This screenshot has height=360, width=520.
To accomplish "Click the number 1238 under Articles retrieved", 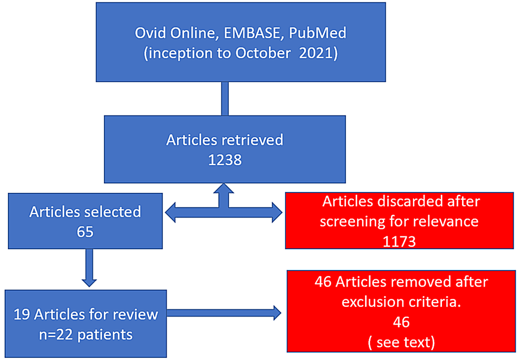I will coord(225,160).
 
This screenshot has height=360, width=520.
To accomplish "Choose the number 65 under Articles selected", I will coord(85,231).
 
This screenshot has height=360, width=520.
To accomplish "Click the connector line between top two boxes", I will coord(225,99).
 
